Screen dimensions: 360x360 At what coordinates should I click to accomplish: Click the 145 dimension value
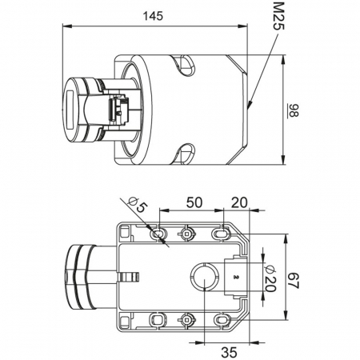(153, 16)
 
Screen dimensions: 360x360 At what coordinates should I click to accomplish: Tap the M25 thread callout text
(279, 17)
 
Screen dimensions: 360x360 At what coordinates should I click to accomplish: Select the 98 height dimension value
(293, 110)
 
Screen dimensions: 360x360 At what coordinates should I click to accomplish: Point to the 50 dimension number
(194, 202)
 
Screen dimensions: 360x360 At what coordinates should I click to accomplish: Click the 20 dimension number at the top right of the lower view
(239, 202)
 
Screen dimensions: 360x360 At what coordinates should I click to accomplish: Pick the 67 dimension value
(294, 280)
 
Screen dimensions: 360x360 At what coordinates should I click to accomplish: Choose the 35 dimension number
(229, 353)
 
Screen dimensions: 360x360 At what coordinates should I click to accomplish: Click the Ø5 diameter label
(138, 204)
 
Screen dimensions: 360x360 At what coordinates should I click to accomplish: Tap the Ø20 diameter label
(270, 278)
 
